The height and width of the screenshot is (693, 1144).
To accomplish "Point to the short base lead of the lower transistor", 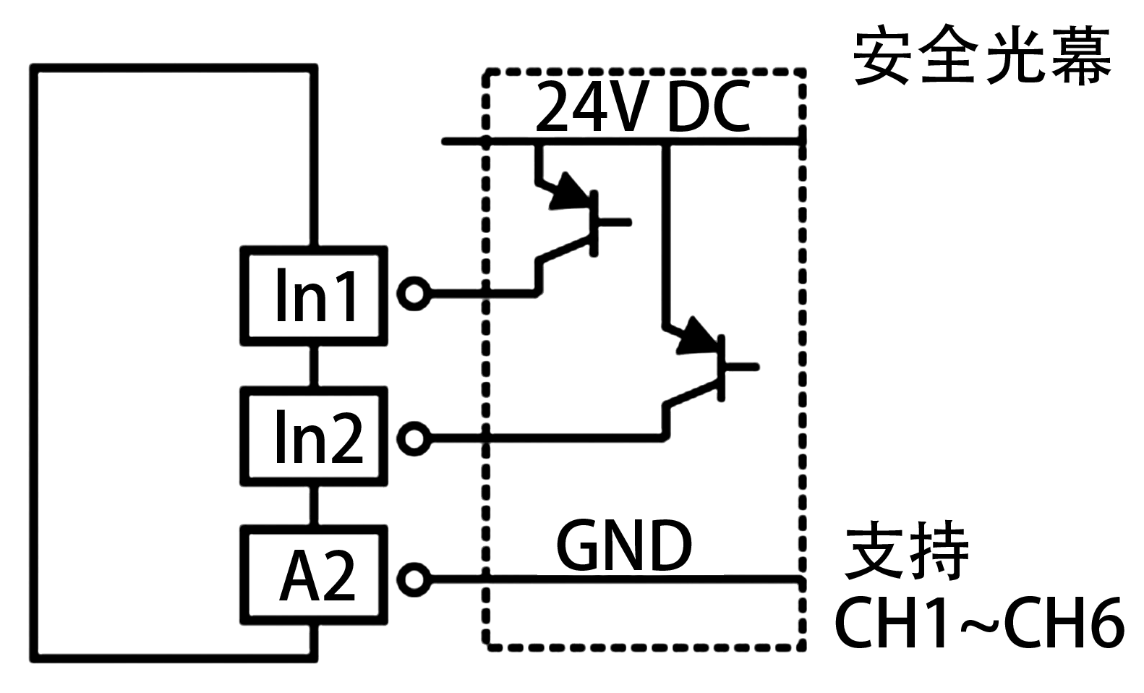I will click(x=742, y=367).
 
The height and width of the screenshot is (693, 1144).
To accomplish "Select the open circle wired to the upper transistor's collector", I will click(x=414, y=294).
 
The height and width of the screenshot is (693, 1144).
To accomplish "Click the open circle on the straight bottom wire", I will click(x=414, y=579).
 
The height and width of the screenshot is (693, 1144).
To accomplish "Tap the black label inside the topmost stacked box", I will click(x=316, y=294).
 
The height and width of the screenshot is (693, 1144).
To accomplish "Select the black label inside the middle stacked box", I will click(x=320, y=436).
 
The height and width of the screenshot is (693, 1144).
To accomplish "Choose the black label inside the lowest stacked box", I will click(x=317, y=575).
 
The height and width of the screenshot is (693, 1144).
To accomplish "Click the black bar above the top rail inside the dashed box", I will click(x=643, y=106).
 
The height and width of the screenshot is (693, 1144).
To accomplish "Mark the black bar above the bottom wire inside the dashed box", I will click(x=624, y=545).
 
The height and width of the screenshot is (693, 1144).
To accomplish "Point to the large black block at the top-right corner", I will click(x=982, y=55).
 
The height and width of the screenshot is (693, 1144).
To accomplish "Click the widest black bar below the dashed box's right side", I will click(x=979, y=622).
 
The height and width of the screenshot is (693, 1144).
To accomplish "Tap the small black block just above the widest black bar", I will click(x=905, y=550).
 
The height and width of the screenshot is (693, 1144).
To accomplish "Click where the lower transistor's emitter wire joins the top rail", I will click(x=666, y=141).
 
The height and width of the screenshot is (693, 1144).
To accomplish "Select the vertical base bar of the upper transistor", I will click(x=594, y=223).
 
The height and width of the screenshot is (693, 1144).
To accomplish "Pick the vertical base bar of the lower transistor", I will click(x=722, y=367).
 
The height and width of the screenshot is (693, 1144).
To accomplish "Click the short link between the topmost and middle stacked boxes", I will click(x=314, y=366).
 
